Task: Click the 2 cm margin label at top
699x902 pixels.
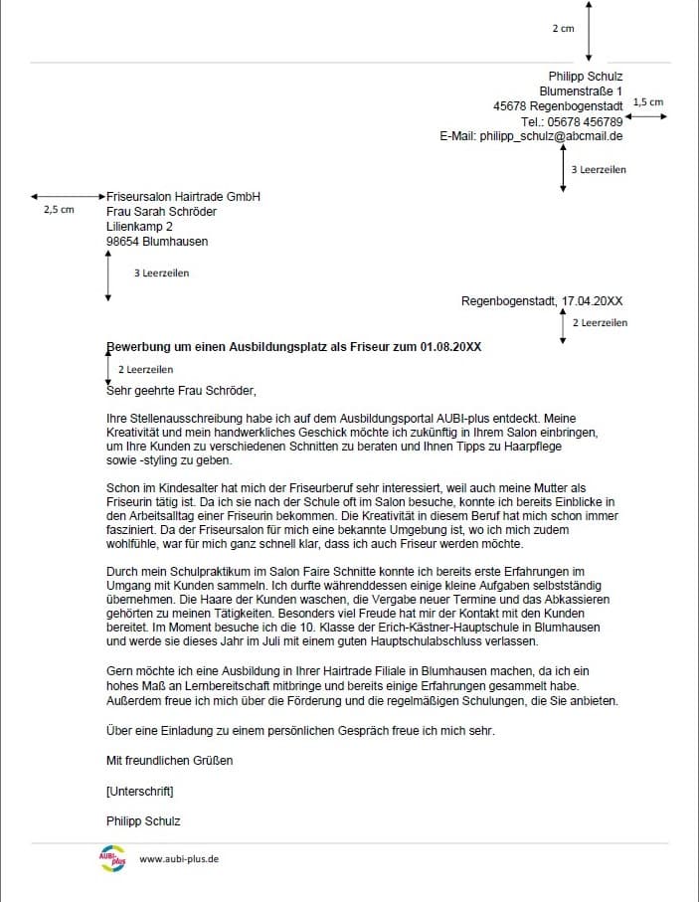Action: pos(563,29)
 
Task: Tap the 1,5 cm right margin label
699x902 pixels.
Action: pos(647,102)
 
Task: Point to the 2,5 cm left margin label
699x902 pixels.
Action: pos(59,211)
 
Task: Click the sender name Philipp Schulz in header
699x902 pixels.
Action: pos(586,77)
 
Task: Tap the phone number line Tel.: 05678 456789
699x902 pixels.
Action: pos(572,121)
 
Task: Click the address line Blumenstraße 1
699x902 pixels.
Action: pos(581,91)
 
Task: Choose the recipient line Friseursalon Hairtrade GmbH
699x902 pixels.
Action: pos(183,197)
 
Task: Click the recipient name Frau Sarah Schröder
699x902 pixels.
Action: pos(161,212)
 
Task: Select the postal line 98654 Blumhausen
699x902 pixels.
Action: pos(157,242)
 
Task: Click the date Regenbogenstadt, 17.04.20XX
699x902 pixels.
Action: pos(542,300)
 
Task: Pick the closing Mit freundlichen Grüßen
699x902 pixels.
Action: pos(170,761)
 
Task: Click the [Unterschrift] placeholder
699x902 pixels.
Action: pos(139,792)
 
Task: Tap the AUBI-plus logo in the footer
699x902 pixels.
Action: pos(112,858)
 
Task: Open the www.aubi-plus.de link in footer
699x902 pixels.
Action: pos(179,859)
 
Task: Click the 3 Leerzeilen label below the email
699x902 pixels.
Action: pos(599,170)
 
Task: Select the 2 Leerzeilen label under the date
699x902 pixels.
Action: pos(600,323)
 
